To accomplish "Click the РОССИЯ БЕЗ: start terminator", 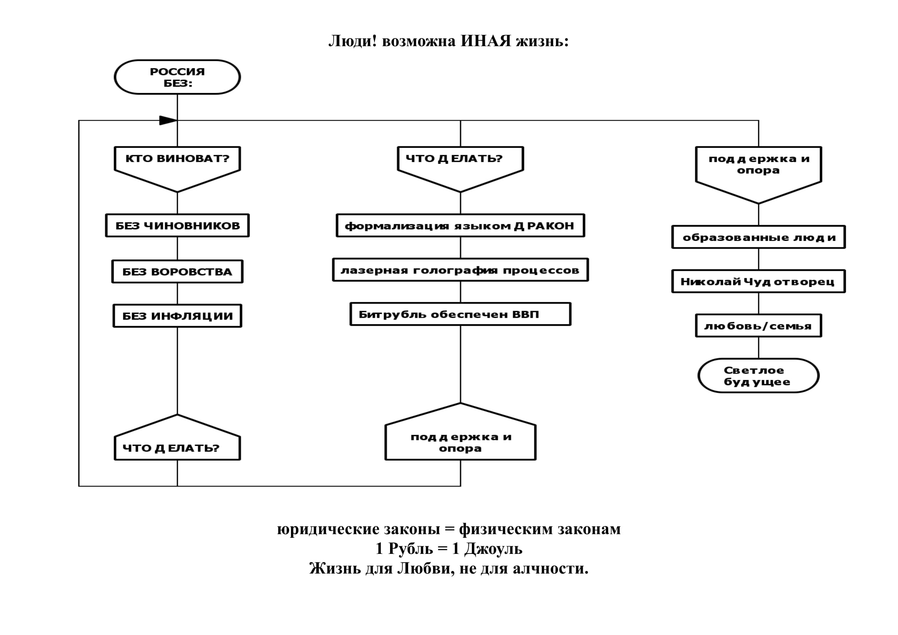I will [x=177, y=77].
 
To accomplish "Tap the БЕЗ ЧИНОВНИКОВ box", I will [x=177, y=225].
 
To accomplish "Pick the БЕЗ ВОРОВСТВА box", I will [x=177, y=272].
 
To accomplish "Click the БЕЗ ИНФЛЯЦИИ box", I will [x=177, y=316].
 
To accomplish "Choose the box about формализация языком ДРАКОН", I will [x=460, y=225].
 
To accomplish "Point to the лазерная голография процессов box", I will [x=460, y=270].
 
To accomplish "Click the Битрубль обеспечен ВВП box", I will [x=460, y=314].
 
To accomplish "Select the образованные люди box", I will [x=758, y=237].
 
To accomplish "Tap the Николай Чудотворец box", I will [x=758, y=281].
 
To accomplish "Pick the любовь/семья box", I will [x=758, y=325].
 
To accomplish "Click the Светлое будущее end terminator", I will [x=758, y=376].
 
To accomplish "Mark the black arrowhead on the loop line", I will [x=168, y=121].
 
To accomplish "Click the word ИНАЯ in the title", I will [x=485, y=41].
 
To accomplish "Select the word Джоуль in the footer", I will [x=493, y=549].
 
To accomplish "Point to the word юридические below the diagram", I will [x=328, y=529].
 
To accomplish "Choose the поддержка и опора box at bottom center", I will [x=460, y=443].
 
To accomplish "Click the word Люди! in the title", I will [x=352, y=41].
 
